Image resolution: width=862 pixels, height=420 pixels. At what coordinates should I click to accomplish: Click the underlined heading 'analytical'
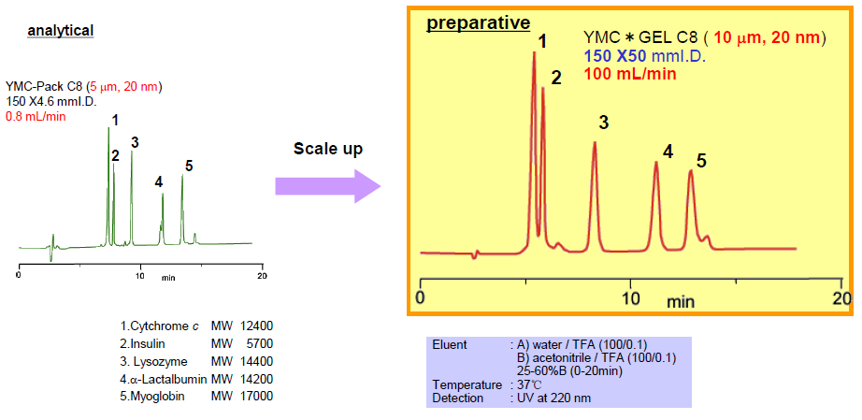tap(61, 30)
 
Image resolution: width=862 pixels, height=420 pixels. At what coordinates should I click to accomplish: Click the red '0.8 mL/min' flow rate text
tap(36, 117)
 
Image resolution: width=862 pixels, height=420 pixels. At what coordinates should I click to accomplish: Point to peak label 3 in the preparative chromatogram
tap(604, 123)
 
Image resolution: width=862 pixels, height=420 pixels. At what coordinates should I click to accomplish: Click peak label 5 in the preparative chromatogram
tap(701, 160)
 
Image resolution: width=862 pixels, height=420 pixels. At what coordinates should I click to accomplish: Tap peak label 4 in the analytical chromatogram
tap(158, 181)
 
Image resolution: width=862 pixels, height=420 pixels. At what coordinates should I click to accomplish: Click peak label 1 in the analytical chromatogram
tap(114, 120)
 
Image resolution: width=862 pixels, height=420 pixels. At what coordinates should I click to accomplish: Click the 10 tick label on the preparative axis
tap(631, 297)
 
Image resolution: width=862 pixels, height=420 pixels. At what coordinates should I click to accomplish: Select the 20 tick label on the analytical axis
tap(262, 277)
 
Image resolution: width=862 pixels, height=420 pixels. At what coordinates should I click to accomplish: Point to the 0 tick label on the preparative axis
tap(421, 297)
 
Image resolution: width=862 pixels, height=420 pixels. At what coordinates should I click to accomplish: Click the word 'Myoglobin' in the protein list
tap(155, 396)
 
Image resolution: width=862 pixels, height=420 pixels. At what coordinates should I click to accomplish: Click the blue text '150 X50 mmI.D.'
tap(644, 56)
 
